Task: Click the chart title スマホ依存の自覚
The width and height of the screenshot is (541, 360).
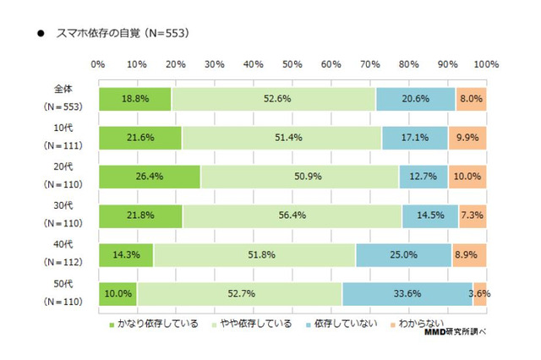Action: point(121,34)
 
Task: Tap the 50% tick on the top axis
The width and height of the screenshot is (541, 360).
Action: point(292,64)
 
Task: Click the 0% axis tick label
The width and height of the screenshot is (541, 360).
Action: point(97,64)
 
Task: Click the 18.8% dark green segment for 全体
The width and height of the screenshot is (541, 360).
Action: point(134,99)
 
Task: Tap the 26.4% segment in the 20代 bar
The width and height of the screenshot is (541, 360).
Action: point(150,177)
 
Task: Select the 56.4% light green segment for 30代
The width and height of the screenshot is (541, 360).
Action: point(292,215)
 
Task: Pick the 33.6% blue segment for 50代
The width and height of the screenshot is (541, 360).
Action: point(407,293)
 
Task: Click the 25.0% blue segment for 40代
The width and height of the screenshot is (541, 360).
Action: point(403,254)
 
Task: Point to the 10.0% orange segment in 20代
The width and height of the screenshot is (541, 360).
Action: point(467,177)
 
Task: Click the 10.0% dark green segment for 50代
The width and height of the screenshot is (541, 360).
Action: point(117,293)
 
